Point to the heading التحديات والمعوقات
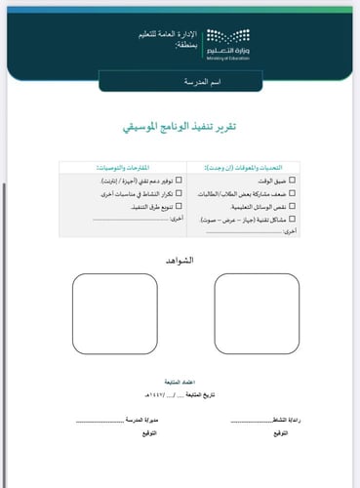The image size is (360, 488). pyautogui.click(x=260, y=167)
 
